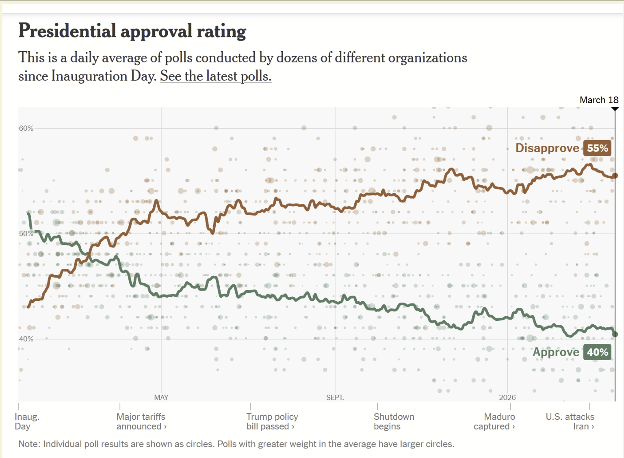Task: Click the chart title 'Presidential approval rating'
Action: click(132, 31)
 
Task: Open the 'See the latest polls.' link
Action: click(215, 76)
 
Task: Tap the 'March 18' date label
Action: click(598, 100)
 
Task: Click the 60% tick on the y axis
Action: click(26, 128)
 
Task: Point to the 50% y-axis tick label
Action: click(26, 233)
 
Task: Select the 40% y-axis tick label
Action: click(26, 339)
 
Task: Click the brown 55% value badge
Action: click(597, 148)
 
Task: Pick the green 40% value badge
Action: click(597, 352)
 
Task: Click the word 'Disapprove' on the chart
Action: click(547, 148)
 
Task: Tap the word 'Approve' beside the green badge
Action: click(556, 352)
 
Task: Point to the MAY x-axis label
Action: click(161, 398)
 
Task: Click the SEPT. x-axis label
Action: click(335, 398)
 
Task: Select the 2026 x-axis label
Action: click(507, 398)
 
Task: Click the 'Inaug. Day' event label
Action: click(27, 421)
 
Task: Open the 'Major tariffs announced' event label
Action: click(141, 421)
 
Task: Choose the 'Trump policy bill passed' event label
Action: click(272, 421)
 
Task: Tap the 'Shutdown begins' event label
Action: click(394, 421)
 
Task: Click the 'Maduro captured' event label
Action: click(494, 421)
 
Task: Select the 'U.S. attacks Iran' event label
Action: click(570, 421)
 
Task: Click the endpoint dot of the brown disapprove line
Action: click(615, 175)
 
